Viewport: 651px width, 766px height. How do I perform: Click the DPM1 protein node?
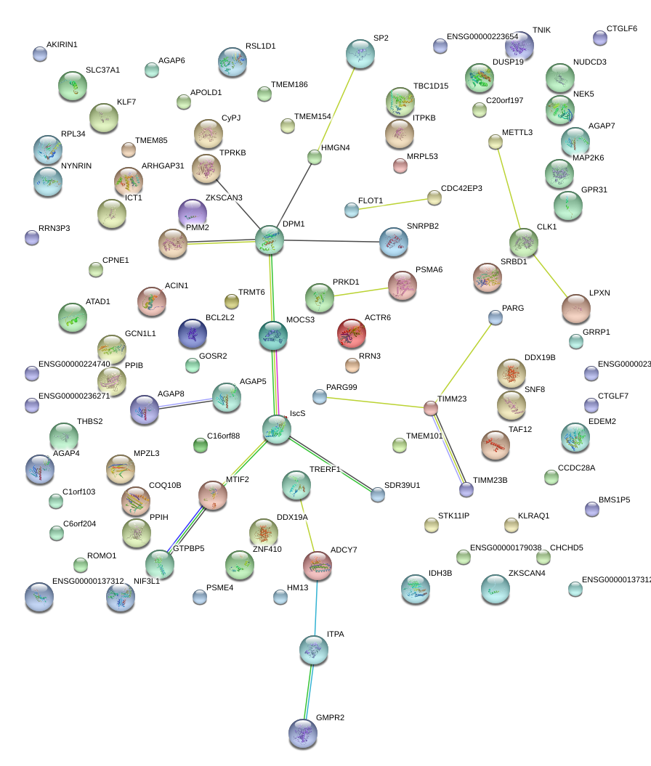click(x=270, y=240)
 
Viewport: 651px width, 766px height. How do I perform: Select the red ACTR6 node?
click(x=352, y=333)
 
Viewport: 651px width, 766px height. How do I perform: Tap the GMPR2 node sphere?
click(x=303, y=733)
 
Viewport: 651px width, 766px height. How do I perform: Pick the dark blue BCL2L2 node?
click(x=193, y=333)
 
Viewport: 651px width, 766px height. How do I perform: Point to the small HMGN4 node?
click(x=315, y=156)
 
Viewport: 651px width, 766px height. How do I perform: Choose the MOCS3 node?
click(x=273, y=335)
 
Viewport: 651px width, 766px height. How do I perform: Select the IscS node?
click(x=277, y=430)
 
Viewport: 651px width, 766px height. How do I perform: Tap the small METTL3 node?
click(x=496, y=142)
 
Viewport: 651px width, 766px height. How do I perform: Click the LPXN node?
click(x=576, y=309)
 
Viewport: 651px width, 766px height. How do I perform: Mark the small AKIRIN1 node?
click(x=40, y=54)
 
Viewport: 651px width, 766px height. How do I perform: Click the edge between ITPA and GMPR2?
click(x=309, y=690)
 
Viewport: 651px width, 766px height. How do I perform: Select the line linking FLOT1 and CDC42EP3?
click(x=393, y=204)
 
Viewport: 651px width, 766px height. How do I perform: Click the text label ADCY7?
click(x=344, y=550)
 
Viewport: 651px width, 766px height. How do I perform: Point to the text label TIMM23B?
click(x=490, y=481)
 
